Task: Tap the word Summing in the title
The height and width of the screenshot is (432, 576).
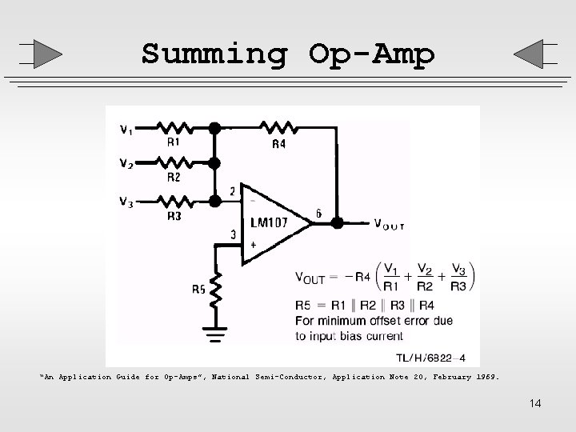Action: tap(214, 54)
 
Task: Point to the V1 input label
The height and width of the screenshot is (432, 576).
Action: tap(126, 129)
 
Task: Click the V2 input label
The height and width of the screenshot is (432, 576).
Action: tap(126, 164)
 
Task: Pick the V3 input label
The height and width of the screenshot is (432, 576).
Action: tap(126, 201)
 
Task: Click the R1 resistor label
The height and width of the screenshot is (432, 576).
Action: tap(174, 142)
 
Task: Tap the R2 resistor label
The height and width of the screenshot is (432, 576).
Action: tap(174, 178)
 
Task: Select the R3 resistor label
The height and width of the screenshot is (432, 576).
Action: tap(174, 215)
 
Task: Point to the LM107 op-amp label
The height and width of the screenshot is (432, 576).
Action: tap(269, 222)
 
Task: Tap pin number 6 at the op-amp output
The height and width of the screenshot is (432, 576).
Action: tap(319, 214)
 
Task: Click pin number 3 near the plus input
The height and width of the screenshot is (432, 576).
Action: tap(234, 235)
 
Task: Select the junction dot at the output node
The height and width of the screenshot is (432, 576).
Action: tap(338, 222)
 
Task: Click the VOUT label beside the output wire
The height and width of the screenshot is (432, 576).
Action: tap(389, 224)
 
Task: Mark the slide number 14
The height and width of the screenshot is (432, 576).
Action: tap(535, 403)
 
